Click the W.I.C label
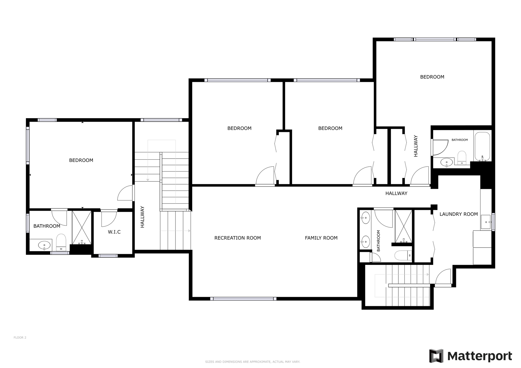tap(114, 232)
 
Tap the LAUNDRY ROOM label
tap(459, 214)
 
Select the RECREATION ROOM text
tap(238, 238)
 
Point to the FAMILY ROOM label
tap(321, 238)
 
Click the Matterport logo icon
tap(436, 356)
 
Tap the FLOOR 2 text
tap(20, 338)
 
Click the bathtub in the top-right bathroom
tap(482, 146)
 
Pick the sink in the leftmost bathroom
tap(44, 245)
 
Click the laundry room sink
tap(486, 222)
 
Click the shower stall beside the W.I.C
tap(82, 228)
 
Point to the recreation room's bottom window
tap(243, 299)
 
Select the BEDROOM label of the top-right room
tap(432, 77)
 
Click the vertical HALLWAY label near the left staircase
tap(142, 217)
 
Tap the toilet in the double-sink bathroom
tap(403, 255)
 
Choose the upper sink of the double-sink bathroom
tap(366, 218)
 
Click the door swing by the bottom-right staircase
tap(443, 277)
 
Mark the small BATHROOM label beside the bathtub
tap(460, 140)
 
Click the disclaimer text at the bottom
tap(253, 362)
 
